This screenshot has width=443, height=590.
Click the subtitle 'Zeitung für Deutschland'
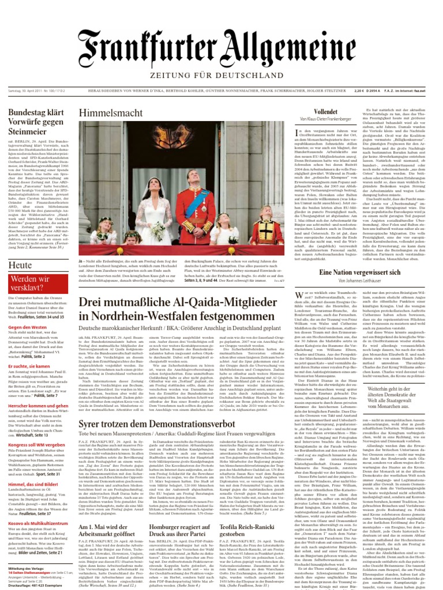point(221,75)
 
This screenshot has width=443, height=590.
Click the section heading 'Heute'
point(21,265)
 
